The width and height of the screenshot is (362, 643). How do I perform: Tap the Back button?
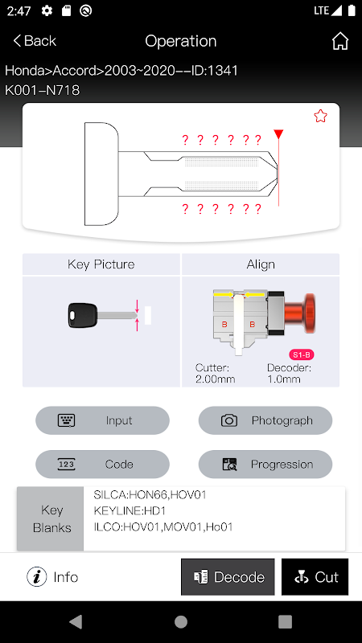[x=35, y=41]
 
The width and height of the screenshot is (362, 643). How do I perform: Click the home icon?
[x=340, y=41]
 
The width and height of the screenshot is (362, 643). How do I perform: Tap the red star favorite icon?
[x=320, y=116]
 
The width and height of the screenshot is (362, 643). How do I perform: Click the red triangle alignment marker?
[x=278, y=134]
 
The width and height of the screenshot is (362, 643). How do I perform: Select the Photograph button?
[x=265, y=420]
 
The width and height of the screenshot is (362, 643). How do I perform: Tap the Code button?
[x=103, y=465]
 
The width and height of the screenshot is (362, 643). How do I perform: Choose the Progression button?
[x=265, y=465]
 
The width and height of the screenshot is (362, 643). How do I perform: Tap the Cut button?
[x=315, y=577]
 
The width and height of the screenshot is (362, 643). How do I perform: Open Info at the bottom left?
[x=52, y=577]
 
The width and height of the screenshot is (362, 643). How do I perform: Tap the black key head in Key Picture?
[x=83, y=315]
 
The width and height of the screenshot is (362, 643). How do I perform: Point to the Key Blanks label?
[x=52, y=518]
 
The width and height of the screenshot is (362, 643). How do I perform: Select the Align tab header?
[x=261, y=264]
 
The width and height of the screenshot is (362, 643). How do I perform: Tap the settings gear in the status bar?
[x=47, y=10]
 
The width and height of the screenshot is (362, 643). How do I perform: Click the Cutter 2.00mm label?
[x=215, y=373]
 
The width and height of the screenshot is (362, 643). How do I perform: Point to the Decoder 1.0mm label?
[x=289, y=373]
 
